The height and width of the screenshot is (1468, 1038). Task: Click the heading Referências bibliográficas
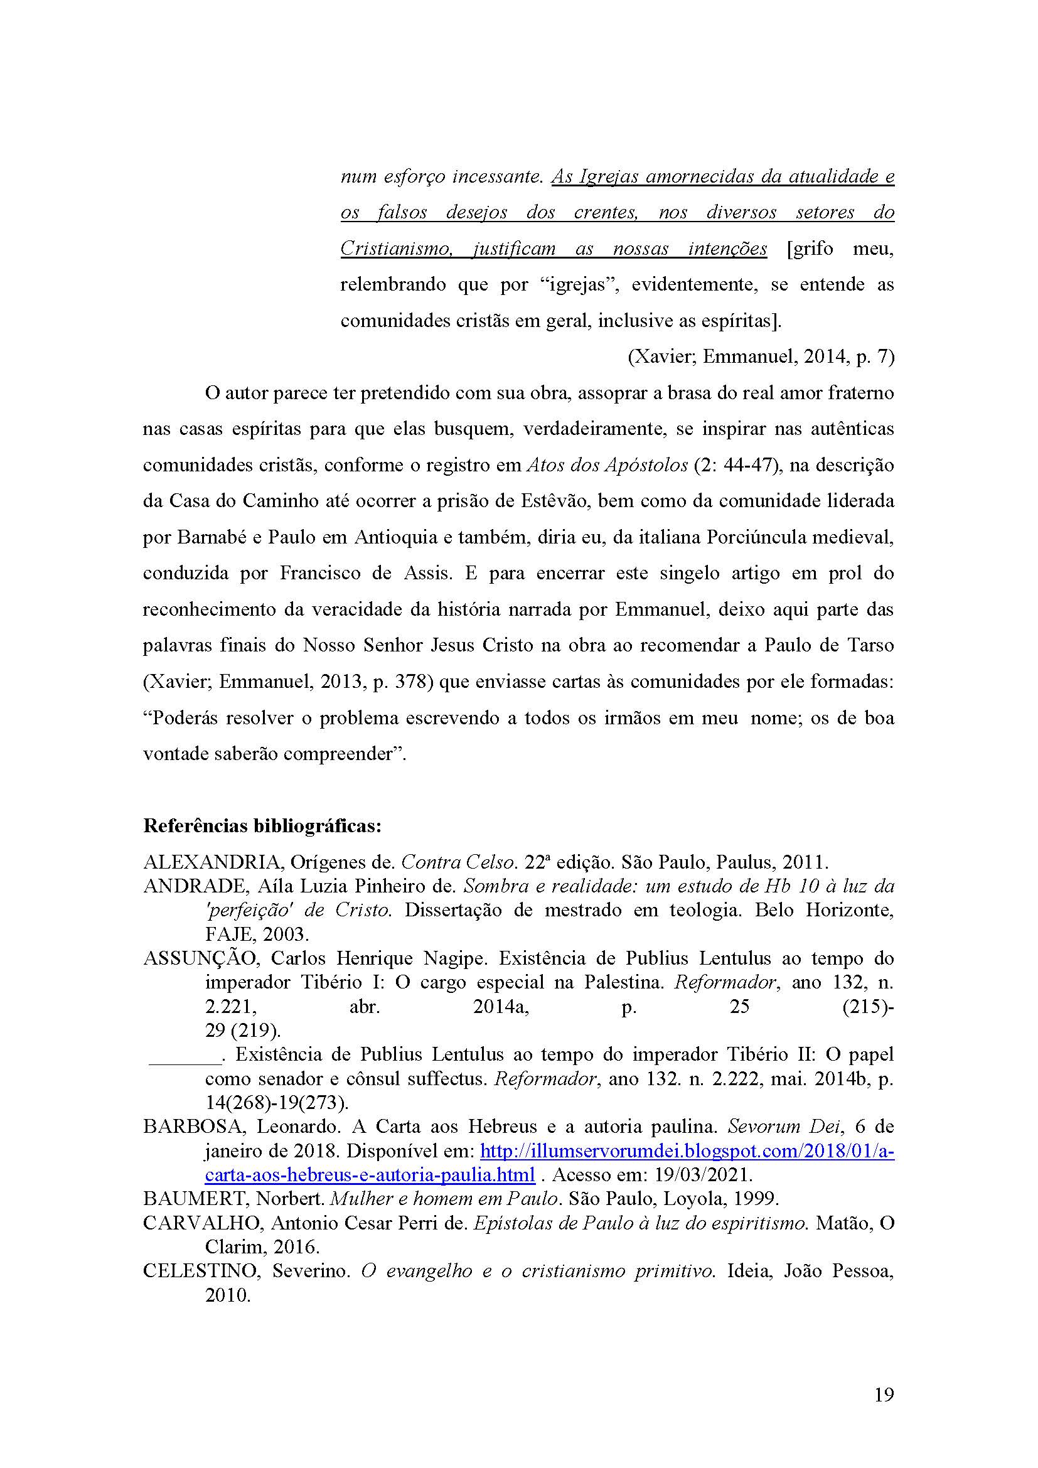tap(262, 826)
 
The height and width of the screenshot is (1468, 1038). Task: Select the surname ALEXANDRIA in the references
tap(213, 862)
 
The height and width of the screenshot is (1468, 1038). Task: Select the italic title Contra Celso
tap(457, 862)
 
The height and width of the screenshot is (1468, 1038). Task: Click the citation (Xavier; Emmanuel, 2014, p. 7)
tap(761, 356)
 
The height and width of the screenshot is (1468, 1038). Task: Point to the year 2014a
tap(500, 1007)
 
